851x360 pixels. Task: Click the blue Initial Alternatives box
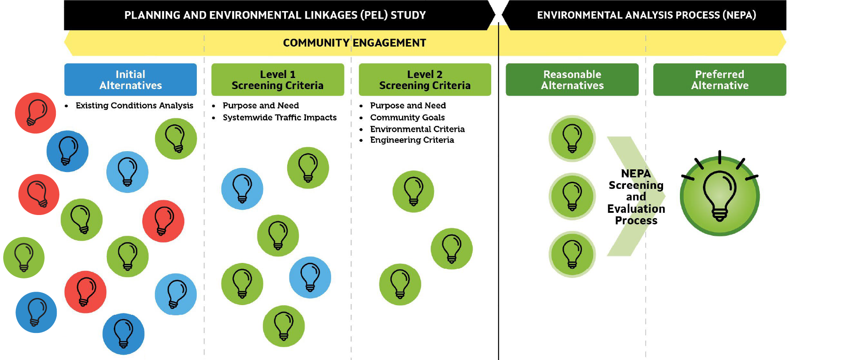130,80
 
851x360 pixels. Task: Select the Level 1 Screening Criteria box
277,80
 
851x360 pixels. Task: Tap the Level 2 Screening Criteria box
425,80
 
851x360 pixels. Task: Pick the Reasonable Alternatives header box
572,80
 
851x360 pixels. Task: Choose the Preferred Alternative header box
719,80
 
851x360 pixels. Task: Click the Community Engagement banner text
354,43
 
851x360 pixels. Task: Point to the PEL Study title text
275,15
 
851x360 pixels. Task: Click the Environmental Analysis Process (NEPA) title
646,15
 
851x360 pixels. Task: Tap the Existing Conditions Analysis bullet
134,106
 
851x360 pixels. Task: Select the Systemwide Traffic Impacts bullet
279,117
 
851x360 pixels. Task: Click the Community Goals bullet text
407,117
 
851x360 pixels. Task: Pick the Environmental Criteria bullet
417,129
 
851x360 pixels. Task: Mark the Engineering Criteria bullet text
412,140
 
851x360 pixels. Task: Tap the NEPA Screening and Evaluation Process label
636,197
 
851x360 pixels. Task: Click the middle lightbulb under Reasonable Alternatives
572,196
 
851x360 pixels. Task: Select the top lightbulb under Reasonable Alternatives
572,138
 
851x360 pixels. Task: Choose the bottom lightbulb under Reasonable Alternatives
572,254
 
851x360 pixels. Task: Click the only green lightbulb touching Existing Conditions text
176,139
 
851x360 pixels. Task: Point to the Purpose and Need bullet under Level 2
408,106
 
